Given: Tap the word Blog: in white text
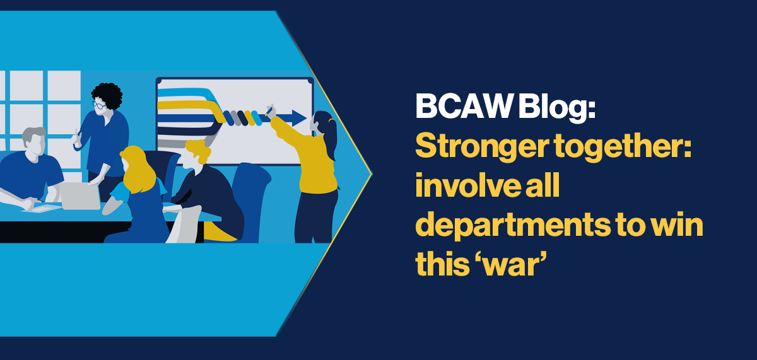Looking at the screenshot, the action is (x=556, y=107).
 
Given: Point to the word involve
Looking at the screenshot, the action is (x=468, y=185).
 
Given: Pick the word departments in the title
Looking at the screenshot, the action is (x=513, y=226).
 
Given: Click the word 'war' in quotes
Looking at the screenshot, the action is (x=509, y=263).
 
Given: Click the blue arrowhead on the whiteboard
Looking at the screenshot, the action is (x=299, y=118).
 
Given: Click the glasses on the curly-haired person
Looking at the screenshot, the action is (x=98, y=105).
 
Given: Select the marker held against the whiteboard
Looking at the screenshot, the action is (x=269, y=111).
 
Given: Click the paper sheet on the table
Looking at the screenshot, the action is (x=42, y=207).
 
